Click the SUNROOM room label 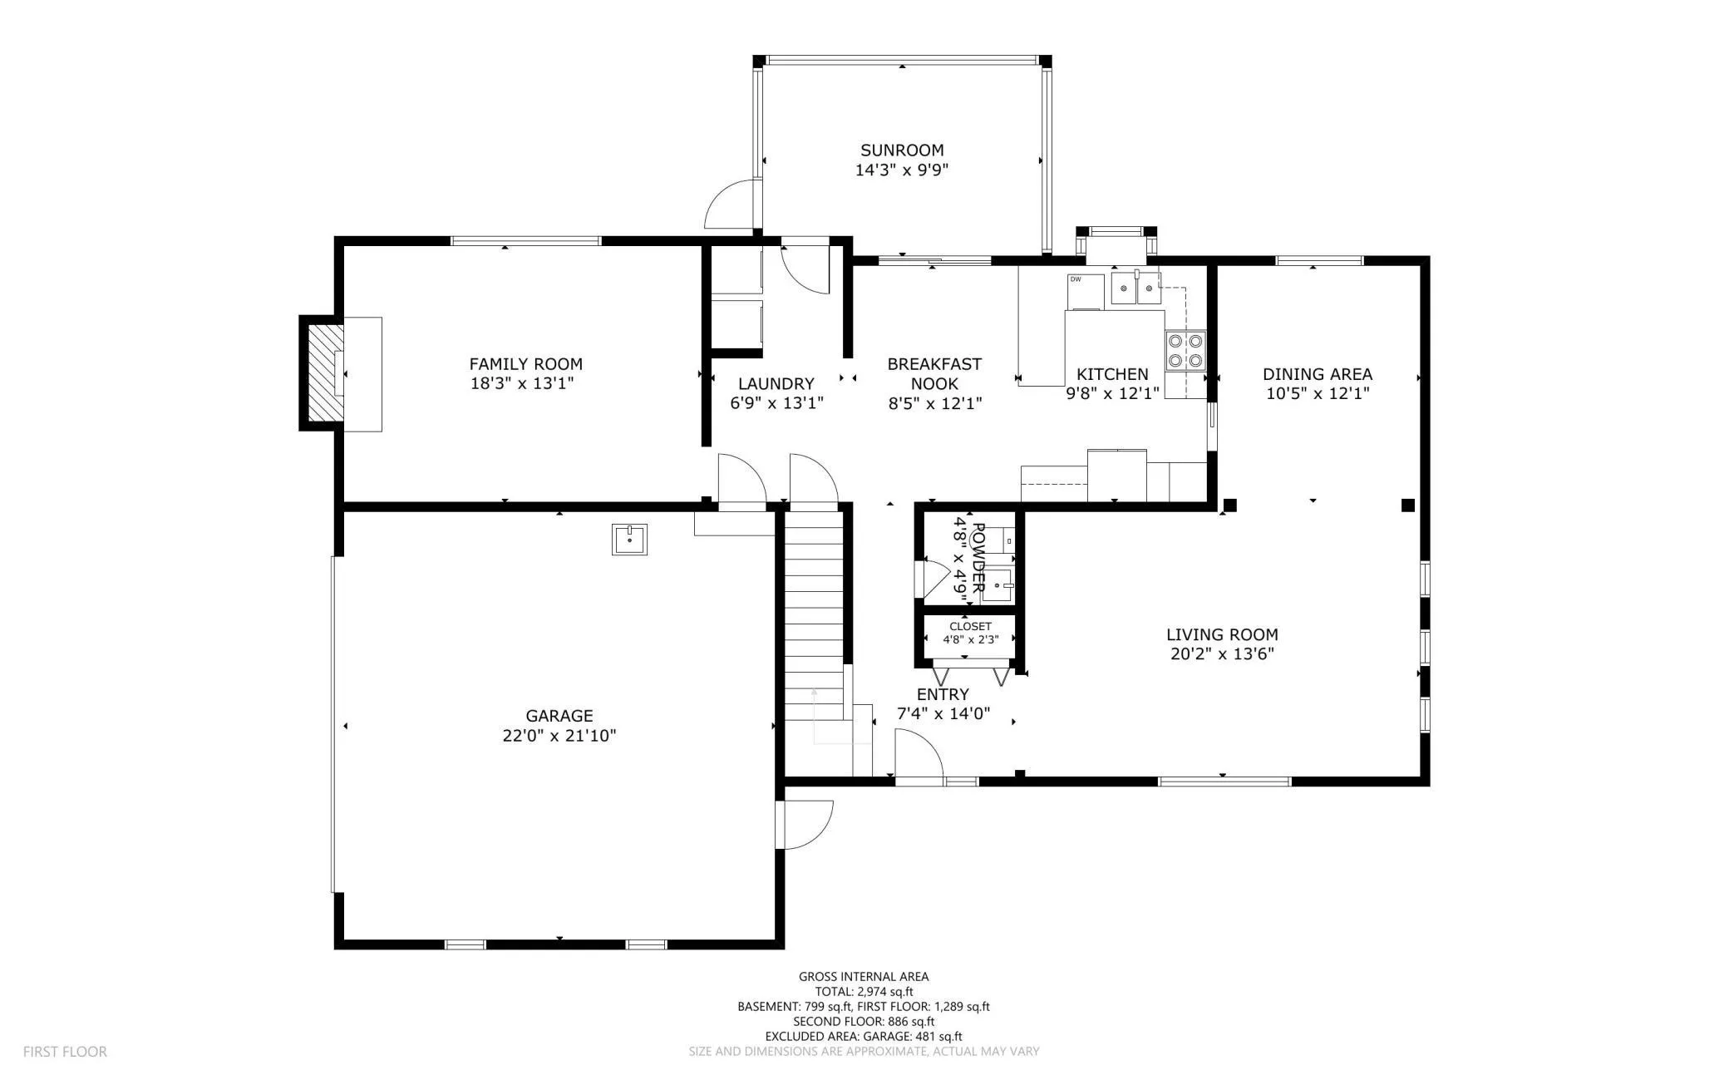[902, 150]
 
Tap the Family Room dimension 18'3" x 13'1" [523, 383]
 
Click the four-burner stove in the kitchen [1185, 350]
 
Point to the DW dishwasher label [1076, 279]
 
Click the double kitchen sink [1135, 288]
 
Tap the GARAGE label [559, 716]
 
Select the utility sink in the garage [629, 540]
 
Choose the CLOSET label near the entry [970, 626]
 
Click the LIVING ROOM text [1222, 635]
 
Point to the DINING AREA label [1318, 374]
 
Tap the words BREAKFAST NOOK [934, 373]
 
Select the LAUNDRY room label [776, 384]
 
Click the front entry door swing [919, 755]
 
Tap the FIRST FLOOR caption [65, 1052]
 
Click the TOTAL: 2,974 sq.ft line [864, 992]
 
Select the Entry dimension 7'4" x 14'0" [943, 713]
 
